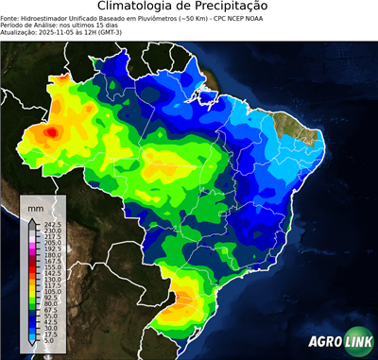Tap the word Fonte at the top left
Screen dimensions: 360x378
point(10,17)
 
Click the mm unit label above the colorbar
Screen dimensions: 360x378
point(36,205)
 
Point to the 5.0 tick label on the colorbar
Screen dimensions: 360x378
point(48,343)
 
